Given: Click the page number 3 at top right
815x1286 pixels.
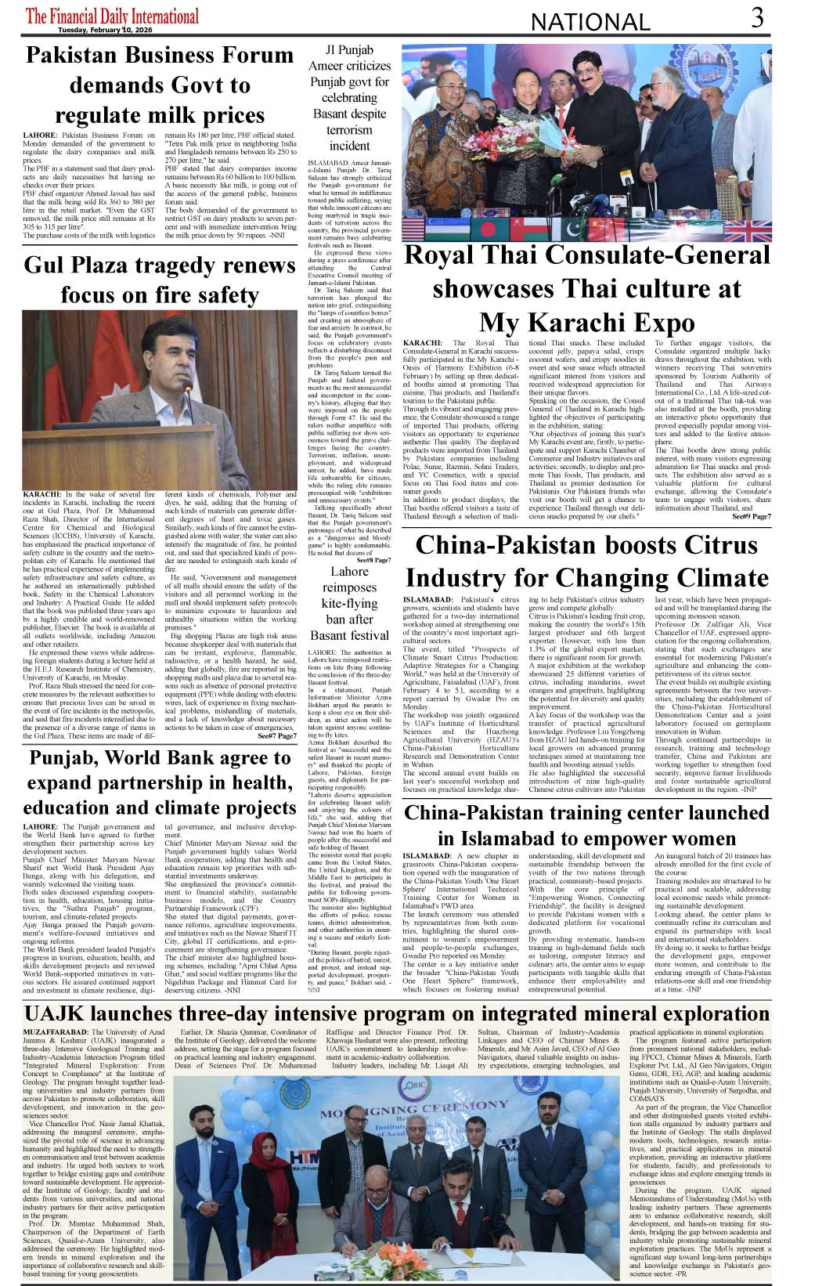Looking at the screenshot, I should [757, 17].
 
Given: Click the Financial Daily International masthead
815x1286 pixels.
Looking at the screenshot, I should [112, 15].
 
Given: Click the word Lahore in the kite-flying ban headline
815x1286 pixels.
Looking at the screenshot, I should [349, 571].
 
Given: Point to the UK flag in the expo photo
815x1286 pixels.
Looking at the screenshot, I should [748, 230].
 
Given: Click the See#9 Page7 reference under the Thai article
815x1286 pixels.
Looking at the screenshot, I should [751, 517].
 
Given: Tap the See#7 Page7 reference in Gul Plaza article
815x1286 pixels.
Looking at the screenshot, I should [277, 736].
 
